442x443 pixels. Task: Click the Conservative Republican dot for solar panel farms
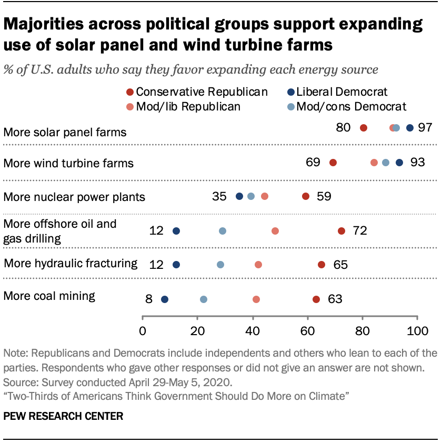[363, 128]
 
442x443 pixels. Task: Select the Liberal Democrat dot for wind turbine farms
[399, 163]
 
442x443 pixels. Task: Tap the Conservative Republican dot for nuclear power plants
[306, 196]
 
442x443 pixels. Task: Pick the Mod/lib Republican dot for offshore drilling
[275, 231]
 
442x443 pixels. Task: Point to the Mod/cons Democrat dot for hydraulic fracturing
[220, 265]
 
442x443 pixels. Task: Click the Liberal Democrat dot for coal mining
[165, 299]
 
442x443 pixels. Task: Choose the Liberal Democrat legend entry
[337, 92]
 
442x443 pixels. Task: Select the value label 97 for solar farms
[425, 128]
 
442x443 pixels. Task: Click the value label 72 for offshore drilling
[360, 231]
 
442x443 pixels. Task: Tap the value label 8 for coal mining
[149, 299]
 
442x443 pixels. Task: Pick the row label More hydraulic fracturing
[71, 263]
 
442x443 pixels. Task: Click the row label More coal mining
[49, 296]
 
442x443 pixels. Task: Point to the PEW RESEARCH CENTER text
[63, 416]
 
